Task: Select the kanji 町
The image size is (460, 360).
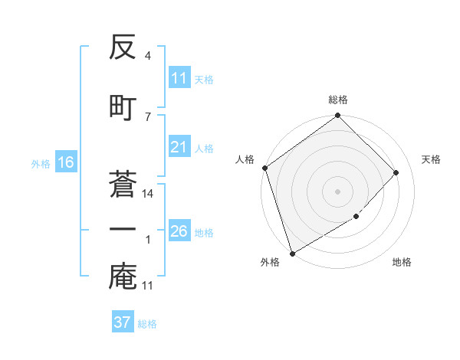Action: [123, 106]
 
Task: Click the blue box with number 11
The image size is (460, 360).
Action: [179, 78]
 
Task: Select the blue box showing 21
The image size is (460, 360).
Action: [179, 147]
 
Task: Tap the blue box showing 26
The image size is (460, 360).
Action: [179, 231]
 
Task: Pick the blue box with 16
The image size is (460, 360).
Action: [65, 162]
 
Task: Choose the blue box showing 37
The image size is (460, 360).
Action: [122, 322]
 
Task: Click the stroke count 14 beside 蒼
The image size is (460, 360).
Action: [148, 194]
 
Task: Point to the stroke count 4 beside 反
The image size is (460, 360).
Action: [147, 56]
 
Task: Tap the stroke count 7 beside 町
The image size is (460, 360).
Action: [147, 116]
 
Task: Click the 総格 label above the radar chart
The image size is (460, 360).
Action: [338, 100]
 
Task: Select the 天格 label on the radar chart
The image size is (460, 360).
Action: [432, 159]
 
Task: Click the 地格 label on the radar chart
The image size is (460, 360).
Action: [402, 262]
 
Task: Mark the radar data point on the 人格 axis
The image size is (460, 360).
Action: [264, 168]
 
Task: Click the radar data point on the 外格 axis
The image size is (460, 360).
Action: [292, 253]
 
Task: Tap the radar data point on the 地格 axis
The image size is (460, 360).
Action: [356, 217]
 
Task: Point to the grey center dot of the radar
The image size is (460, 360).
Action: [337, 191]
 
